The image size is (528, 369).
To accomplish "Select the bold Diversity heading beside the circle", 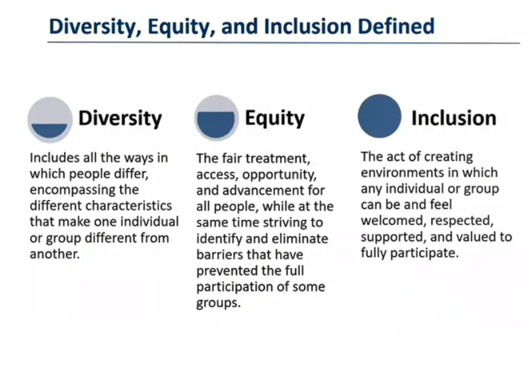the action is click(x=120, y=118).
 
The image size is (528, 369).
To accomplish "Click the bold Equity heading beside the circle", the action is click(x=275, y=118).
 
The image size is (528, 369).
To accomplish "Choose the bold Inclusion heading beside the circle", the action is click(x=454, y=118).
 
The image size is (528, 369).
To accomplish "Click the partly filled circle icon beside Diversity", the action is click(x=50, y=120).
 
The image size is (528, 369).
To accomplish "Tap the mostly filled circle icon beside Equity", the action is click(x=216, y=118).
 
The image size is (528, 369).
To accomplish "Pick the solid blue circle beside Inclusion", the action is click(x=380, y=116).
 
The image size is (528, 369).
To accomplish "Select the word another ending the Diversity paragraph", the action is click(x=55, y=254).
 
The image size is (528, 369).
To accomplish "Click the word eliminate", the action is click(x=300, y=239).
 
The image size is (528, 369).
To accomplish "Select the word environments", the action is click(x=401, y=172).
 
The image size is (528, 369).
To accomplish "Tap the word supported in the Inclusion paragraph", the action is click(x=393, y=237).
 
